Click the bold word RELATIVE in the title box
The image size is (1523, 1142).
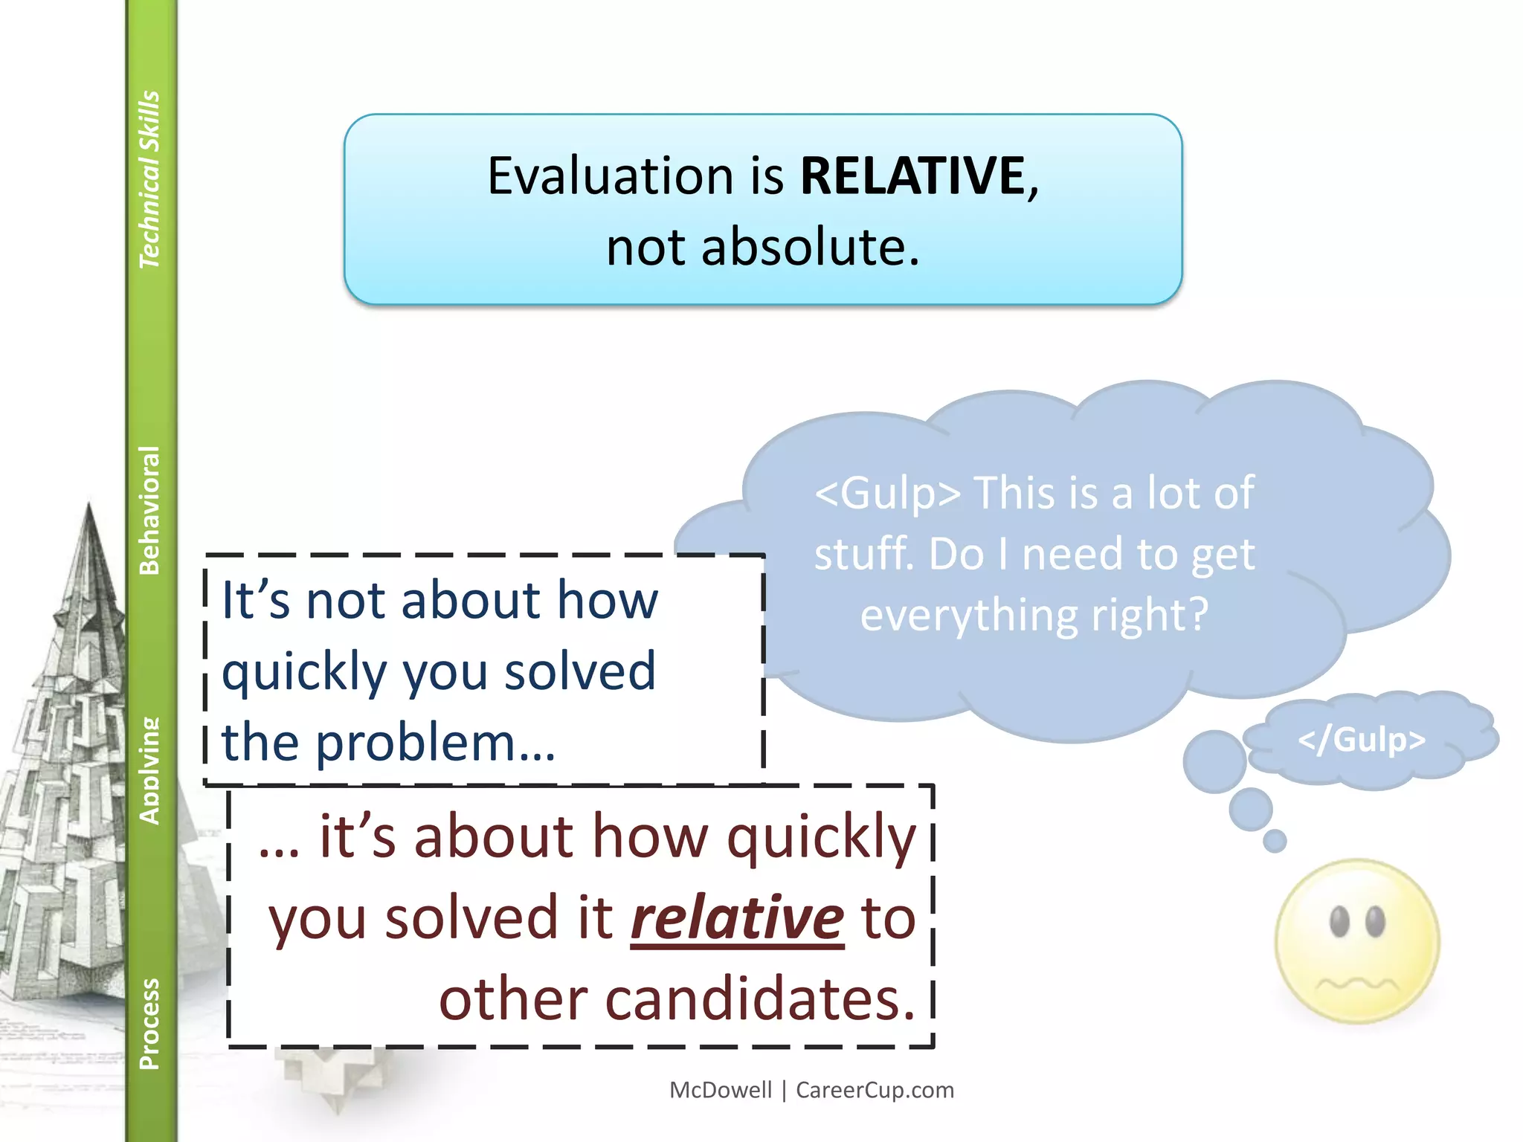pos(912,176)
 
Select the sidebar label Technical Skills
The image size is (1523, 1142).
pos(149,179)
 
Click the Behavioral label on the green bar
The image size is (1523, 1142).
pos(149,510)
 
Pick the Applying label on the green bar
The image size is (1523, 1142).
pos(149,770)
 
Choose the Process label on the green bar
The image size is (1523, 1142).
pos(149,1023)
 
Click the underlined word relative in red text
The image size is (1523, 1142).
pos(737,918)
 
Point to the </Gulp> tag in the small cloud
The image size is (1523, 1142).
pos(1361,740)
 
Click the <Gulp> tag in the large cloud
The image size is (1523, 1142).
pos(887,493)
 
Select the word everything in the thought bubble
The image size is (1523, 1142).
pos(969,616)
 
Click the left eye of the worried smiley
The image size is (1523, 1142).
pos(1339,922)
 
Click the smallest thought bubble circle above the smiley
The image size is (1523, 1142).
pos(1275,841)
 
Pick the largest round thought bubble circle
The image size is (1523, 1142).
pos(1214,761)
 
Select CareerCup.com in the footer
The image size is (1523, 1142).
pos(875,1090)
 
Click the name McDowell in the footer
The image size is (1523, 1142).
pos(721,1090)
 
